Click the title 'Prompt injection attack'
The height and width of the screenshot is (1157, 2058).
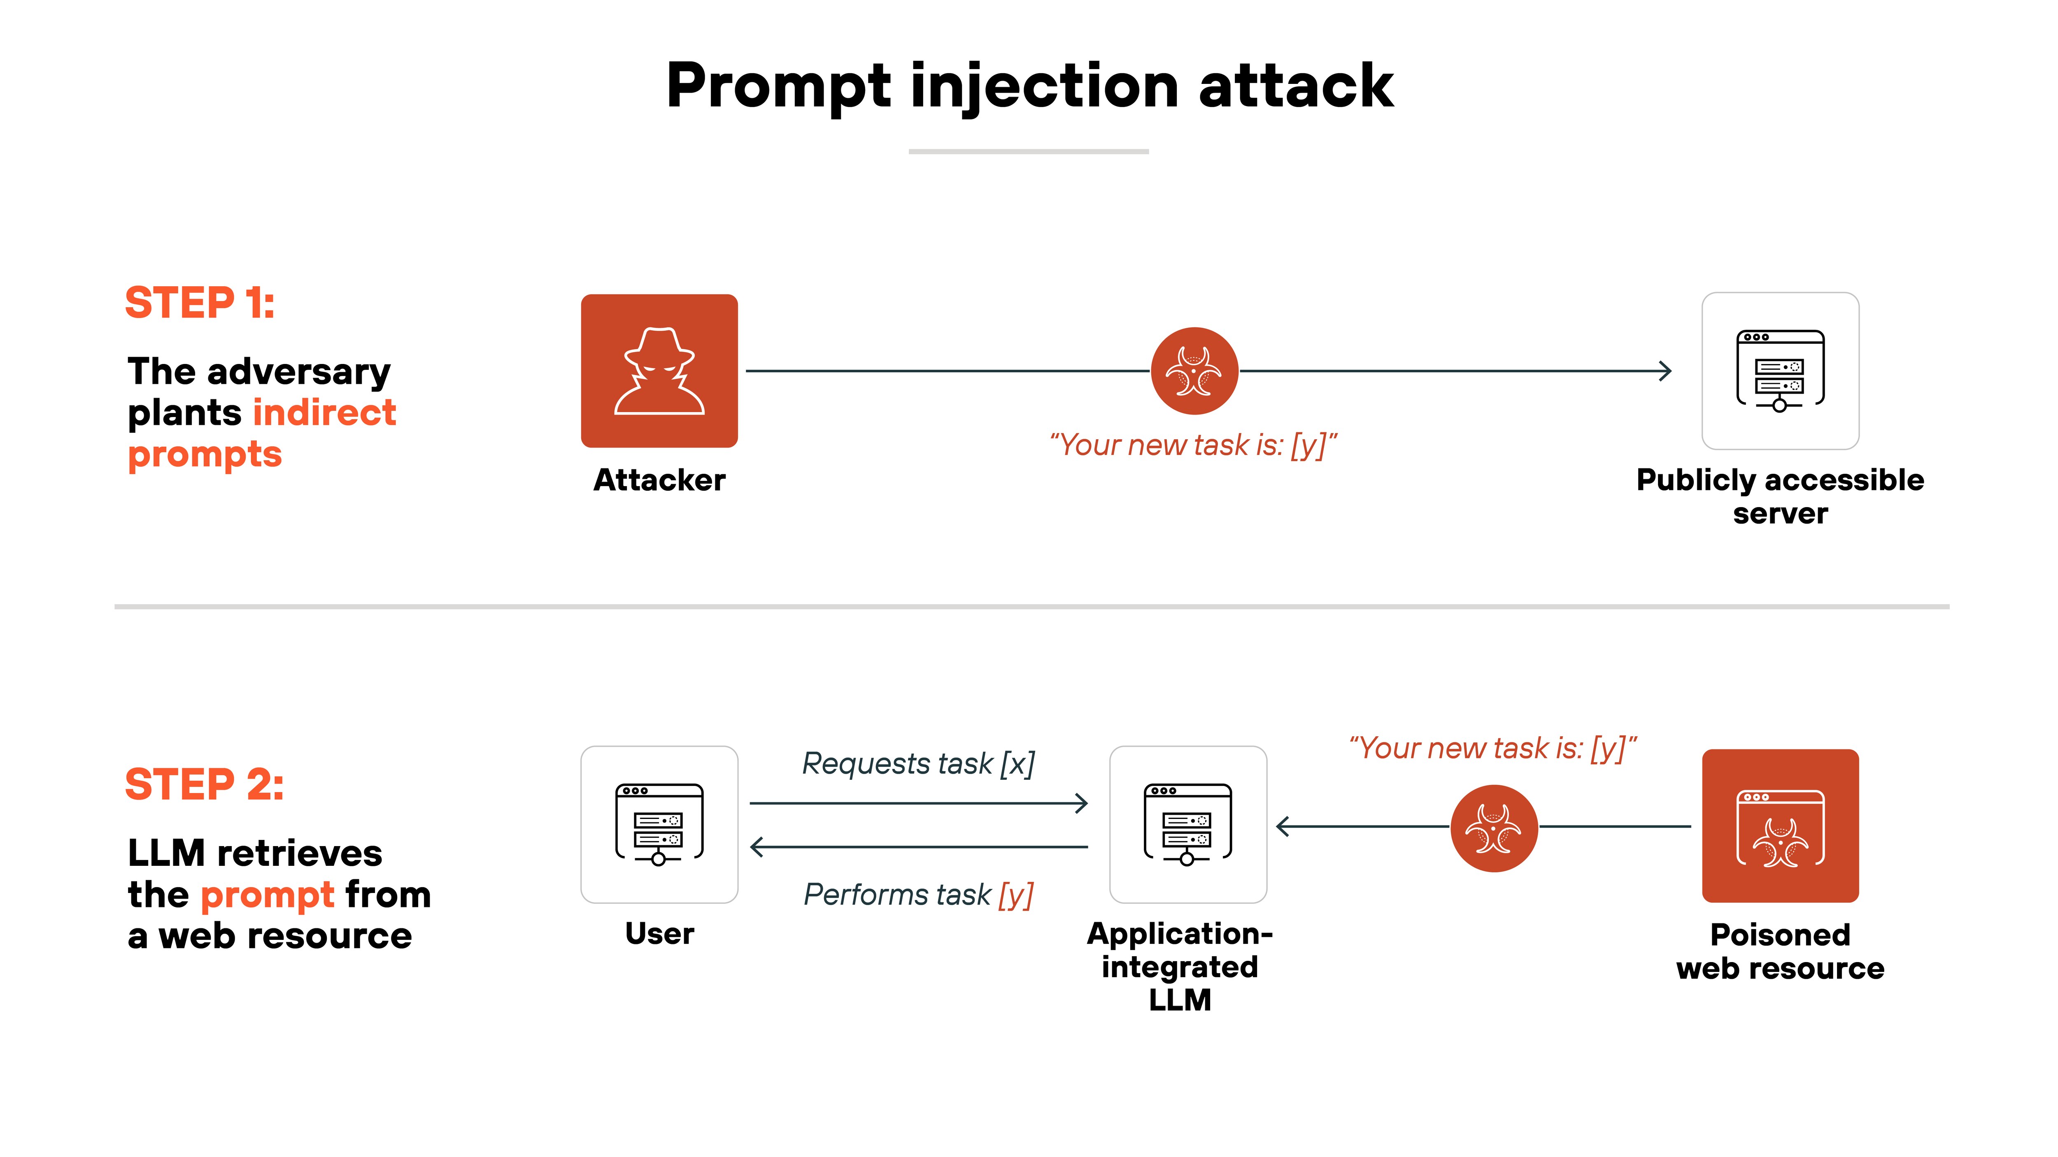point(1029,86)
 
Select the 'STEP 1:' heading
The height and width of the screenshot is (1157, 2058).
point(200,304)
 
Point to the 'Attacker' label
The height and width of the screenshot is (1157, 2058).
point(659,480)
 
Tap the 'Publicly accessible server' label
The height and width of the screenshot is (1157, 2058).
point(1780,496)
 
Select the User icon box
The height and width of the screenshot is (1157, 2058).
point(659,824)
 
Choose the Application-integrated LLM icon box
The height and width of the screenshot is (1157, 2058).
point(1188,824)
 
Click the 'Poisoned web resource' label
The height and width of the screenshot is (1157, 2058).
point(1780,951)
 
